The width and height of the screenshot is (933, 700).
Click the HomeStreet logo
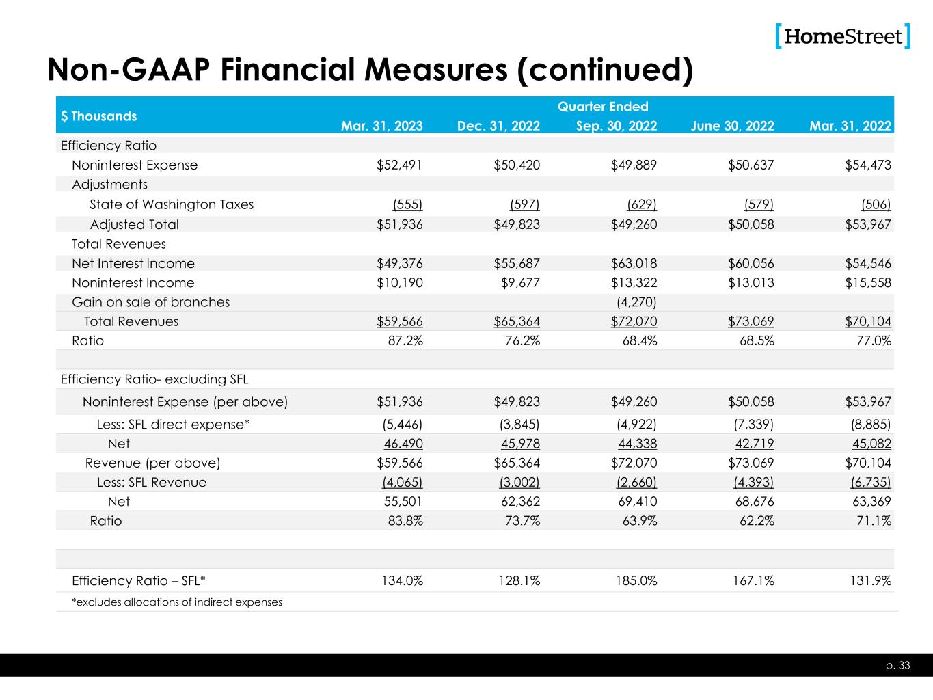[x=843, y=36]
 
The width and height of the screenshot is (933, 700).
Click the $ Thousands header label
[x=98, y=116]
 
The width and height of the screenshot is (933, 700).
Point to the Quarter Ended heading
[x=603, y=107]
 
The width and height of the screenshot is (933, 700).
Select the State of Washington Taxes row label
[x=172, y=204]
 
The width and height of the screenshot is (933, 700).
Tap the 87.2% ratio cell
[x=405, y=340]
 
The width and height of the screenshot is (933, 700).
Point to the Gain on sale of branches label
[x=150, y=302]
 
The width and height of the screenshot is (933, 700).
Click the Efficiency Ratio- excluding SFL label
[x=154, y=379]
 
